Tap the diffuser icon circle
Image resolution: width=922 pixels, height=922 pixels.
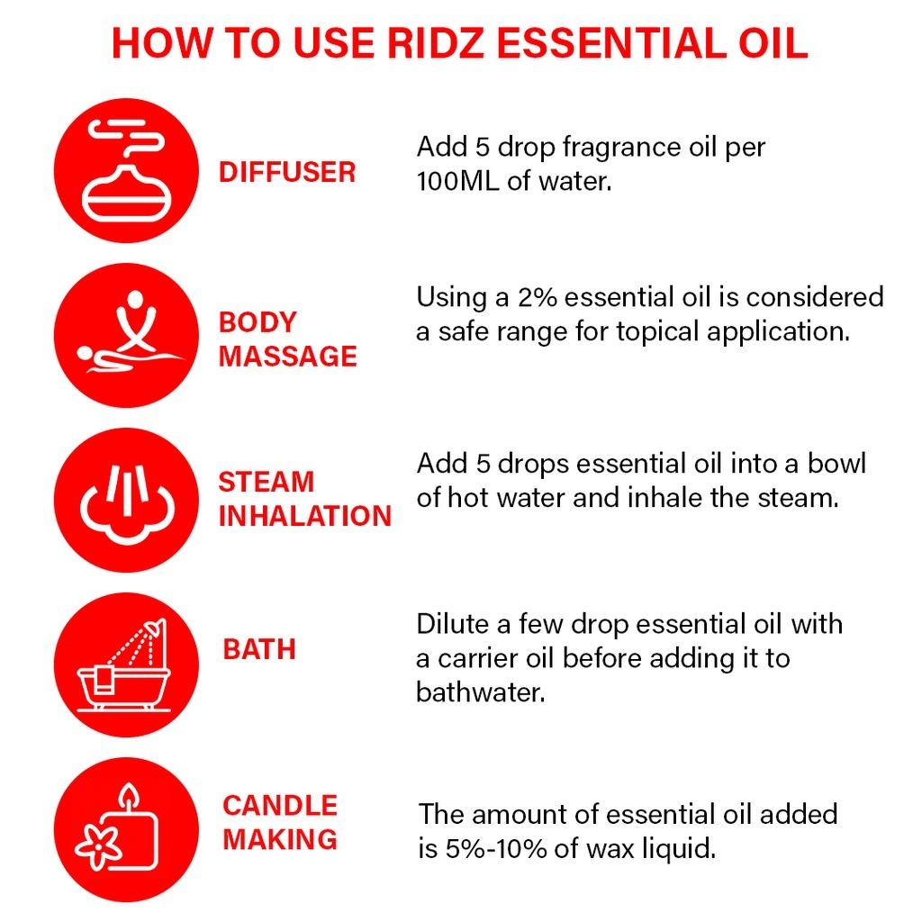click(x=126, y=170)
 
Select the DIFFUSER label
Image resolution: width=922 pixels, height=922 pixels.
click(x=287, y=172)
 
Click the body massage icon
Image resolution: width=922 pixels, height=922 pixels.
click(x=126, y=335)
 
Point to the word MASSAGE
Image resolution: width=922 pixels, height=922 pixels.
click(x=287, y=356)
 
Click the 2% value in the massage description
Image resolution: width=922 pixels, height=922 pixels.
click(x=537, y=297)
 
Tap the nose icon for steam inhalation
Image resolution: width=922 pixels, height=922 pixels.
click(x=126, y=500)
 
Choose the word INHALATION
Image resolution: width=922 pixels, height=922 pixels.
click(x=304, y=516)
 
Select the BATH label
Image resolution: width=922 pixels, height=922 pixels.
click(x=259, y=649)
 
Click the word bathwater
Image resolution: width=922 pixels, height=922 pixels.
click(x=481, y=691)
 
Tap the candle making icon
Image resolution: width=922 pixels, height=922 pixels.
click(x=126, y=829)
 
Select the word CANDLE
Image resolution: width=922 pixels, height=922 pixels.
click(x=280, y=805)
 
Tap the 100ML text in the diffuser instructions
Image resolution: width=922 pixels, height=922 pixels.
click(x=456, y=180)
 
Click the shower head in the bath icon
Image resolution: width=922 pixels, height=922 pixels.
click(x=155, y=627)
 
